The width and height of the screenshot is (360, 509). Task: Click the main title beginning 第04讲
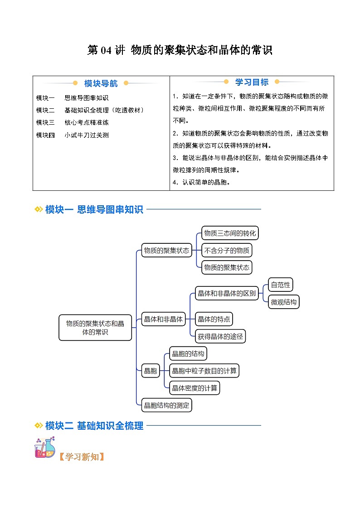coord(180,50)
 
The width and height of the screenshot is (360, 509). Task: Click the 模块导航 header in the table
coord(101,83)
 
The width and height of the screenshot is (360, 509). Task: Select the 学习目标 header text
coord(252,82)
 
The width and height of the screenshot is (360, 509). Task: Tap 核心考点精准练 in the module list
coord(86,122)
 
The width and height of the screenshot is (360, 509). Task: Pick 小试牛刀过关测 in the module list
coord(86,135)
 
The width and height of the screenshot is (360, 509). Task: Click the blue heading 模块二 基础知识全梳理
coord(94,426)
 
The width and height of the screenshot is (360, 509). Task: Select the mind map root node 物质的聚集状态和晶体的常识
coord(95,328)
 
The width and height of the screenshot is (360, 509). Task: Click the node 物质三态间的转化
coord(230,233)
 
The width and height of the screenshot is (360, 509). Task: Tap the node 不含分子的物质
coord(226,250)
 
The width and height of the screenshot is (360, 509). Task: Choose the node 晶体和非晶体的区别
coord(227,293)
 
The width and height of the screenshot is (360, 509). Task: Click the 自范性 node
coord(280,285)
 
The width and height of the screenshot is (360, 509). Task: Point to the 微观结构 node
coord(284,302)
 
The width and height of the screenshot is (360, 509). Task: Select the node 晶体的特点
coord(214,319)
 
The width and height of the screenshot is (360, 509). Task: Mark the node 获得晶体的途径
coord(220,336)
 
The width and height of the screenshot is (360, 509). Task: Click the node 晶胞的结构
coord(188,354)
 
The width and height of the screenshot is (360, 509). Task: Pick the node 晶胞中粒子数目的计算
coord(204,371)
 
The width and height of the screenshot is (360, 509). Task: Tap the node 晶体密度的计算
coord(195,388)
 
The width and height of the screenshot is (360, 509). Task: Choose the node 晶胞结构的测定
coord(166,405)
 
